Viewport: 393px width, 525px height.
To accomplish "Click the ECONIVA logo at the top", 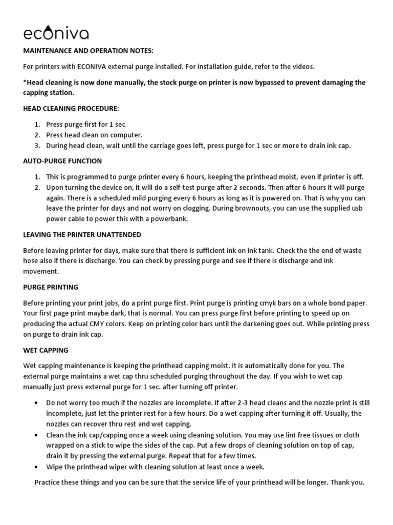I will point(56,33).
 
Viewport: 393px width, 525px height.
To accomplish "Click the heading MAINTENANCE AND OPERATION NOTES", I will point(88,51).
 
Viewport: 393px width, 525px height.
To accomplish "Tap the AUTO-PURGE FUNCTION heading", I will point(62,161).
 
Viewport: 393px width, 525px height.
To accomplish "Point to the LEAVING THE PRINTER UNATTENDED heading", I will point(82,234).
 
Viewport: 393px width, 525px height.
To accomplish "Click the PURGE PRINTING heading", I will point(51,287).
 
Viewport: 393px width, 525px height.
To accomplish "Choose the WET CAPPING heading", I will point(46,350).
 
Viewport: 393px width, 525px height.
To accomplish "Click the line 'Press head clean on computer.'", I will point(94,135).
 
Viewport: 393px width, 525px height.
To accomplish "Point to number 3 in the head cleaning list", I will point(37,146).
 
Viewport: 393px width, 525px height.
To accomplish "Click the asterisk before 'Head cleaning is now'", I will point(25,83).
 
